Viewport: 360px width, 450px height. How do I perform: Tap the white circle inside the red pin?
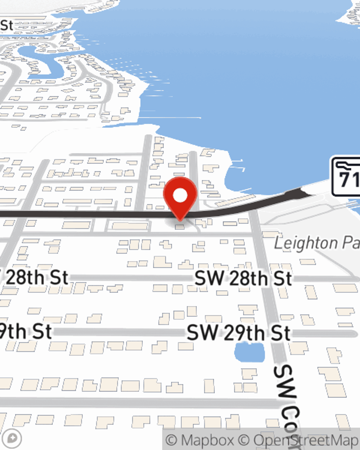[x=180, y=195]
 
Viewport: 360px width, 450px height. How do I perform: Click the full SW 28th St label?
[x=243, y=279]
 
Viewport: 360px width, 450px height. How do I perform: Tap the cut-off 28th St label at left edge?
[x=36, y=278]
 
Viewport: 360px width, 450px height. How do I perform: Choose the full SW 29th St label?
[x=239, y=333]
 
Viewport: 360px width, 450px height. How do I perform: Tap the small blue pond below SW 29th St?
[x=249, y=352]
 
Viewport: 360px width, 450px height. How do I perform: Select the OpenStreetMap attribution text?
[x=306, y=440]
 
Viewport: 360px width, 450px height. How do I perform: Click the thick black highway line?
[x=90, y=214]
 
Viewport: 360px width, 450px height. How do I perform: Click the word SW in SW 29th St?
[x=202, y=333]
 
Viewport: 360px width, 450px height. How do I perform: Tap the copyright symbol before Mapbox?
[x=172, y=440]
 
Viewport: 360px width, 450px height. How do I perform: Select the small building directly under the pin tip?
[x=180, y=226]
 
